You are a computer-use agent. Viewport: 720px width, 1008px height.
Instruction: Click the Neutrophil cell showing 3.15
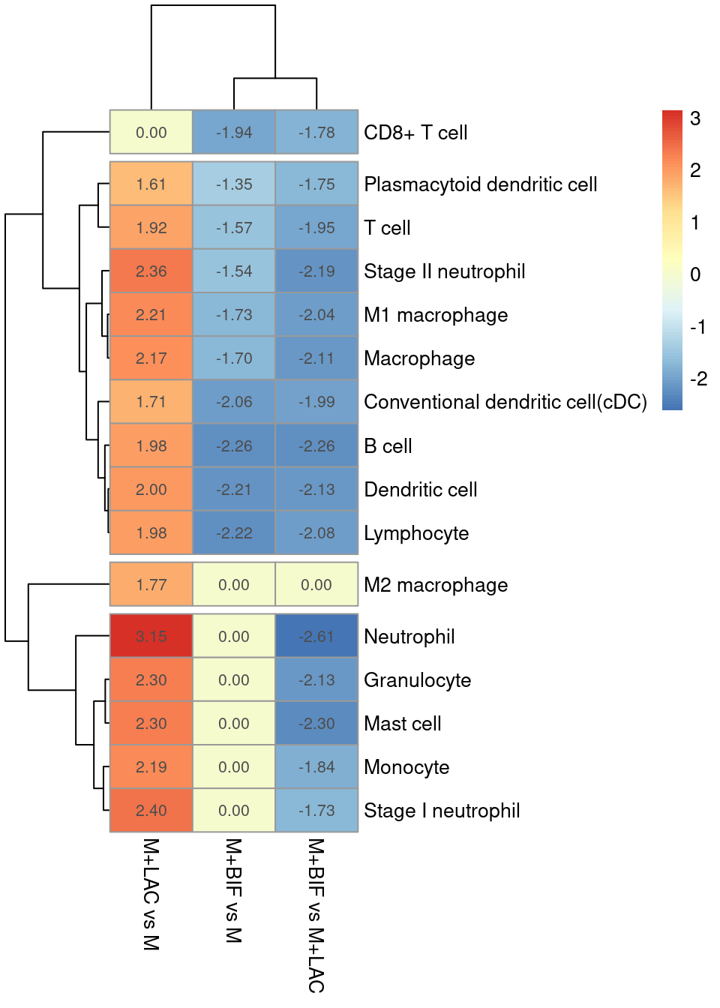151,637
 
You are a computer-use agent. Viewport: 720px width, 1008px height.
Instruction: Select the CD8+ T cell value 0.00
151,133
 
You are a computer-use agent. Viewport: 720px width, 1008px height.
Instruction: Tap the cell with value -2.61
316,637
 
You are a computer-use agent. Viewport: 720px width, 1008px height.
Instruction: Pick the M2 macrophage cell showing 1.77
151,585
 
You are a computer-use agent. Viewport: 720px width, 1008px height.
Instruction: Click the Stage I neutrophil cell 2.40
151,811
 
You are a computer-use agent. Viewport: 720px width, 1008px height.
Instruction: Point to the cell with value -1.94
234,133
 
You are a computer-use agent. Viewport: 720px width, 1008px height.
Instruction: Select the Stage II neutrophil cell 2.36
151,271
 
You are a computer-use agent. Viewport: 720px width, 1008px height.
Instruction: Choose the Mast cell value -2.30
316,724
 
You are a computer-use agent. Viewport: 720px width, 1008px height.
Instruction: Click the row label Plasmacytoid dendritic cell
480,184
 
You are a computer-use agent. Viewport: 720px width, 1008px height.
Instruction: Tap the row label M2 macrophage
436,585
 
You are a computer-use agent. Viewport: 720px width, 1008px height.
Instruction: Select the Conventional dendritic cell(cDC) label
505,402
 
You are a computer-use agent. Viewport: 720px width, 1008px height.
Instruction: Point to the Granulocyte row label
417,680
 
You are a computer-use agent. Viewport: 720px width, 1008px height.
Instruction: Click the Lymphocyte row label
416,533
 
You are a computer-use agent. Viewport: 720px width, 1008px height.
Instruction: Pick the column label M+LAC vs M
151,894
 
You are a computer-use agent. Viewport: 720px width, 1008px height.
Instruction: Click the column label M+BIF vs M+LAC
316,915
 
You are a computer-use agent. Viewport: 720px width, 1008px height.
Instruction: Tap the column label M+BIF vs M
234,890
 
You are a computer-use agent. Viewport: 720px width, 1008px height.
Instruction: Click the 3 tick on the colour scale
695,118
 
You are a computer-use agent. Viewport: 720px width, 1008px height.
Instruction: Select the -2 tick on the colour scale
698,379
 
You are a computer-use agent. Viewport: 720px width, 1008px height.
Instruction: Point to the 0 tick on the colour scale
695,274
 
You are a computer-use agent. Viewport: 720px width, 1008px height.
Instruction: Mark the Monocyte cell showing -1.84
316,767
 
